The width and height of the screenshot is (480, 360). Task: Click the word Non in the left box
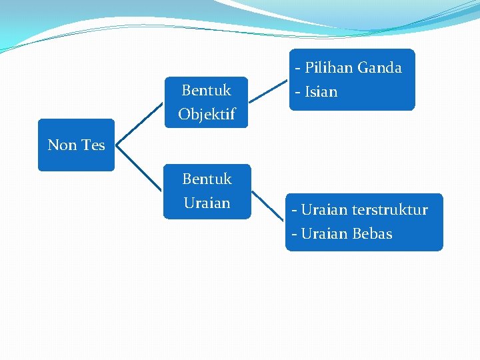tap(62, 145)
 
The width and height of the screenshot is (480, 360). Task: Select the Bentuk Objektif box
tap(206, 102)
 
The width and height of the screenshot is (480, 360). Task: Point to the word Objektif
tap(207, 115)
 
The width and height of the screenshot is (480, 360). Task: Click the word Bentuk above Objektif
tap(207, 90)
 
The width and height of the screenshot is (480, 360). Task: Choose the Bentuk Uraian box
tap(207, 191)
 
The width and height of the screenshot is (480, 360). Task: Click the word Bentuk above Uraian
tap(207, 179)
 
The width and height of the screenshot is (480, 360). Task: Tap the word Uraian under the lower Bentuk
tap(207, 203)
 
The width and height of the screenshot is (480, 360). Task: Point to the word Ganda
tap(380, 67)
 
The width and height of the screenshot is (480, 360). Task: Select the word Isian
tap(321, 91)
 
